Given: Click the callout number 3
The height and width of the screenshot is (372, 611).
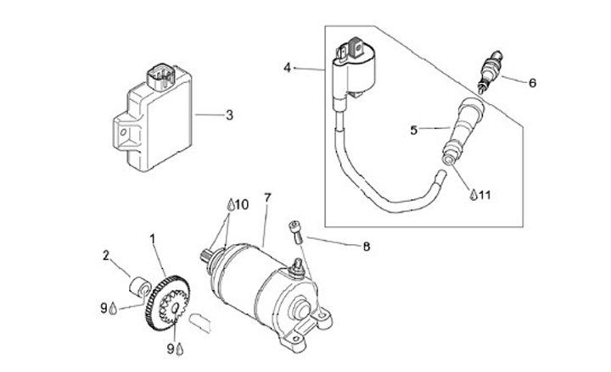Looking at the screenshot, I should pyautogui.click(x=228, y=114).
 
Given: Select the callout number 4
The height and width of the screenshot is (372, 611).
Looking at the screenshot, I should pyautogui.click(x=288, y=66).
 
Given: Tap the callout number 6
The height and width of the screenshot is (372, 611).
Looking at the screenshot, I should pyautogui.click(x=532, y=83).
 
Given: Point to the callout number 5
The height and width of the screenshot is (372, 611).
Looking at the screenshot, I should pyautogui.click(x=414, y=130).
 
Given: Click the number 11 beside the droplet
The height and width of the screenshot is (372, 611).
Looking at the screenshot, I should pyautogui.click(x=485, y=195).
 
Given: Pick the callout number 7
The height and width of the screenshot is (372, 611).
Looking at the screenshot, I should pyautogui.click(x=267, y=198).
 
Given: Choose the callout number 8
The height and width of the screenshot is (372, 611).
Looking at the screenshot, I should pyautogui.click(x=367, y=247).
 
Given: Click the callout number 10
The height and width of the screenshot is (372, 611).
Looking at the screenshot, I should pyautogui.click(x=242, y=204).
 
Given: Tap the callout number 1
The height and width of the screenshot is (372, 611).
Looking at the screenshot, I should pyautogui.click(x=154, y=241).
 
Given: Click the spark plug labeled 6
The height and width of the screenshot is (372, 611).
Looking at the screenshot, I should pyautogui.click(x=490, y=74).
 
